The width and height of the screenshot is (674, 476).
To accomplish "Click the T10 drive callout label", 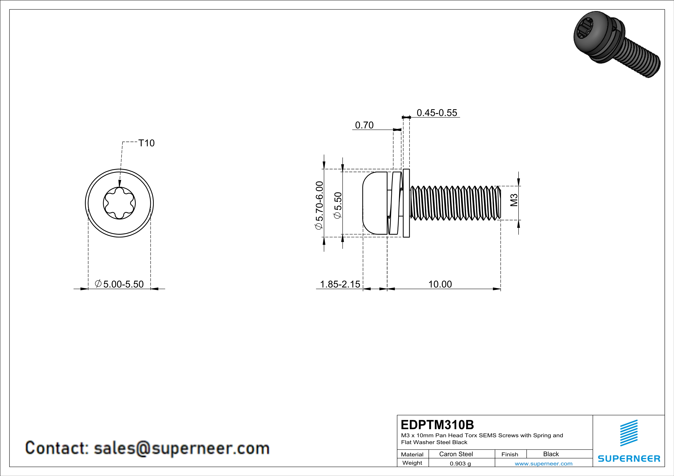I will pyautogui.click(x=146, y=143).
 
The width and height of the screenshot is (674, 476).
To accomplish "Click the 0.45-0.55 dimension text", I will pyautogui.click(x=437, y=113).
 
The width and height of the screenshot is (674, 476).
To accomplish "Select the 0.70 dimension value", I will pyautogui.click(x=364, y=125).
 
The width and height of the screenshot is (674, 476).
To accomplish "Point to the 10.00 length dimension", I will pyautogui.click(x=440, y=284).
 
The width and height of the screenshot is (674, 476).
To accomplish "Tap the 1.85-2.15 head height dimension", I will pyautogui.click(x=340, y=284).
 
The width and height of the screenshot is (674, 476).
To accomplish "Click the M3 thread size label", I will pyautogui.click(x=514, y=200).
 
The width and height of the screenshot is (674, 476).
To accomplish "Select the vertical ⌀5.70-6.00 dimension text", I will pyautogui.click(x=319, y=205).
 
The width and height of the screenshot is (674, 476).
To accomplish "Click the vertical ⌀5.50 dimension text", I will pyautogui.click(x=338, y=205).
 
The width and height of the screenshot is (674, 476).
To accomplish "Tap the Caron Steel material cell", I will pyautogui.click(x=456, y=454).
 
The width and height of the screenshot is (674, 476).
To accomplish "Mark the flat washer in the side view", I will pyautogui.click(x=406, y=203).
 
